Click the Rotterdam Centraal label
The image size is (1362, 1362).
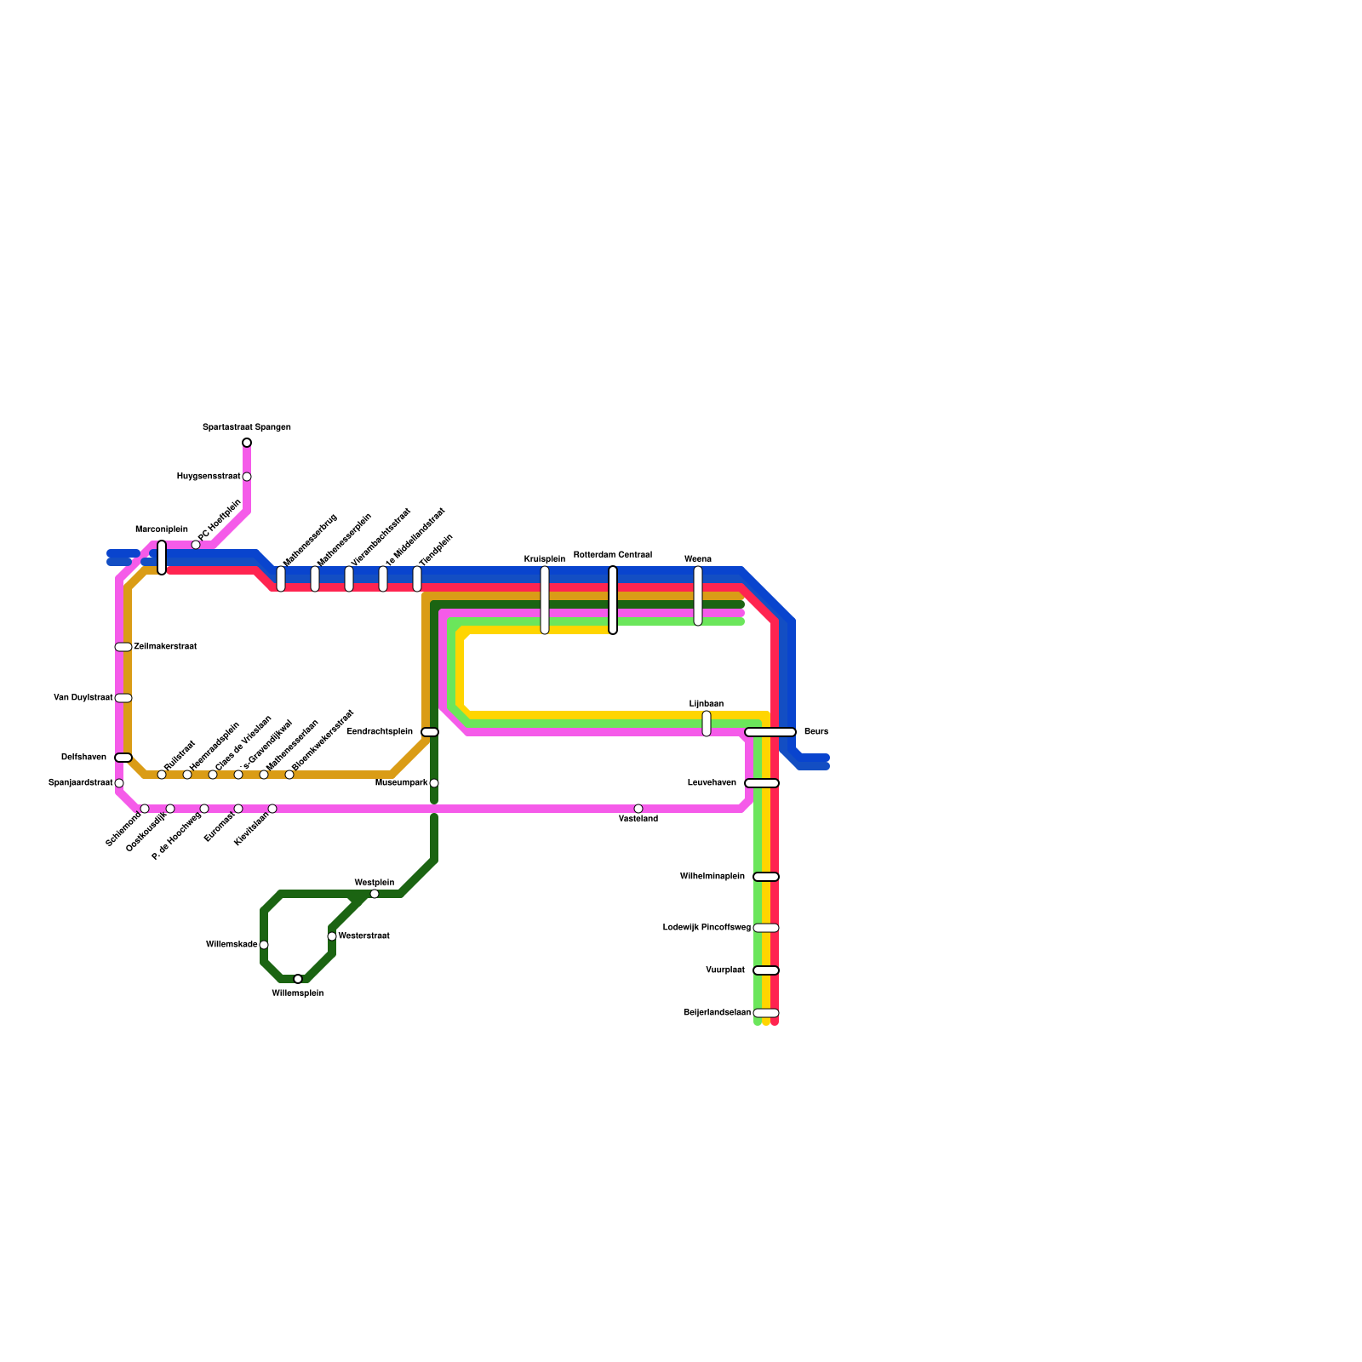612,555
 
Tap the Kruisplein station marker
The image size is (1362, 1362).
545,600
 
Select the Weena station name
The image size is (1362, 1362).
697,559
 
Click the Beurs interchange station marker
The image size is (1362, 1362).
770,732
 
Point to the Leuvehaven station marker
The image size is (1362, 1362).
762,783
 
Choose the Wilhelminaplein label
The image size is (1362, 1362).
712,877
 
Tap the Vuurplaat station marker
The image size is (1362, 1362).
766,970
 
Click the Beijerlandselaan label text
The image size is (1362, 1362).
717,1013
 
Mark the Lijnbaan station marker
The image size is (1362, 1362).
707,724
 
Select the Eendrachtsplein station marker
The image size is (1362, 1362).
430,732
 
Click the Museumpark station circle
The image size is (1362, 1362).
434,783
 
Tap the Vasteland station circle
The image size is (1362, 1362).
638,809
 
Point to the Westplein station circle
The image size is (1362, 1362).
375,894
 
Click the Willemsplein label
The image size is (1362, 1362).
297,993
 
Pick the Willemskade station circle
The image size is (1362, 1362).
264,945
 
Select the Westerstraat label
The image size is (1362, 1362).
363,936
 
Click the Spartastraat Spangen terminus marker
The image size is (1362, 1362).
247,443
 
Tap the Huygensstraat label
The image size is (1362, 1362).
209,477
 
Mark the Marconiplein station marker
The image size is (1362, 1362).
162,558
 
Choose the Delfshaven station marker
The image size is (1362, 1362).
123,758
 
